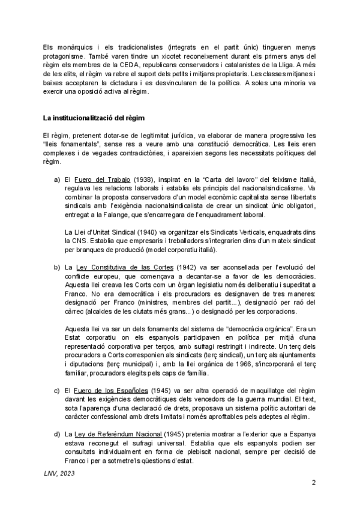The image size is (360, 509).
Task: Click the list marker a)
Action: tap(58, 181)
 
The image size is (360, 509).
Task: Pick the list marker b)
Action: tap(58, 267)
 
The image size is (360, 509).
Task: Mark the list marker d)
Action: tap(58, 434)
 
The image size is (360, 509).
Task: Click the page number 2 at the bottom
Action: tap(314, 483)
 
